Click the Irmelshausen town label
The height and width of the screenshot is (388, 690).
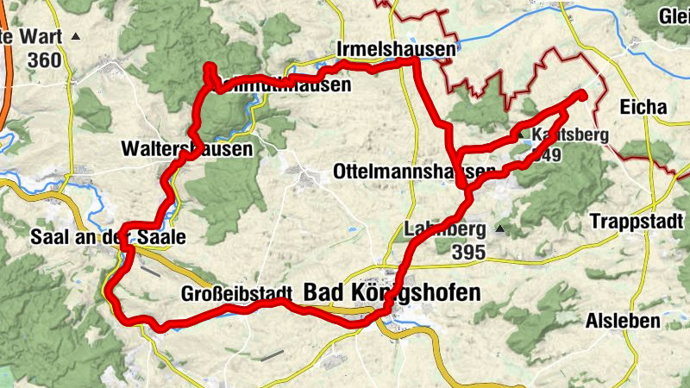(396, 51)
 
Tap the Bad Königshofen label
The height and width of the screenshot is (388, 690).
(392, 293)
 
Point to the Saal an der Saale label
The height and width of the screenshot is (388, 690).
(107, 236)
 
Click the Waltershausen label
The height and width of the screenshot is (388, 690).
(187, 149)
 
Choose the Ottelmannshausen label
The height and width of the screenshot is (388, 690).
(414, 172)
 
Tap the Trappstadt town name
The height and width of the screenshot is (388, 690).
(637, 222)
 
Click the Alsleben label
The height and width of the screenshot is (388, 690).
(623, 322)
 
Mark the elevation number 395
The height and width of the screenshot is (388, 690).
(469, 252)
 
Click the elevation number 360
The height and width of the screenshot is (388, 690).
(44, 60)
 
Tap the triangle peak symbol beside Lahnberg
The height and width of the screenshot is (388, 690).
(499, 230)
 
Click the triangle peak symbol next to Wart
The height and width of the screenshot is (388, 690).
(76, 37)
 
